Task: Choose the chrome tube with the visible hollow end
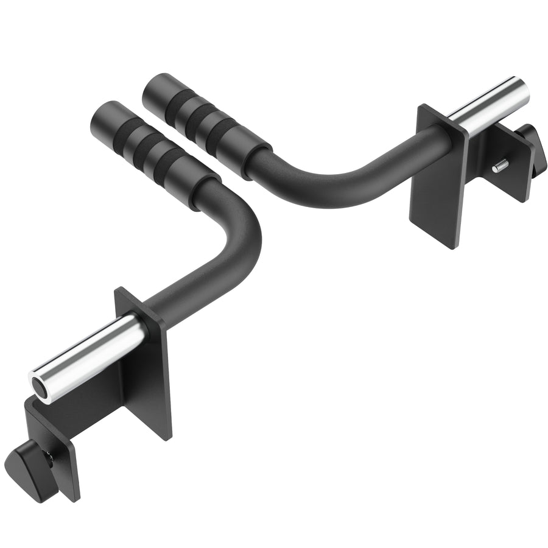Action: click(x=91, y=356)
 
